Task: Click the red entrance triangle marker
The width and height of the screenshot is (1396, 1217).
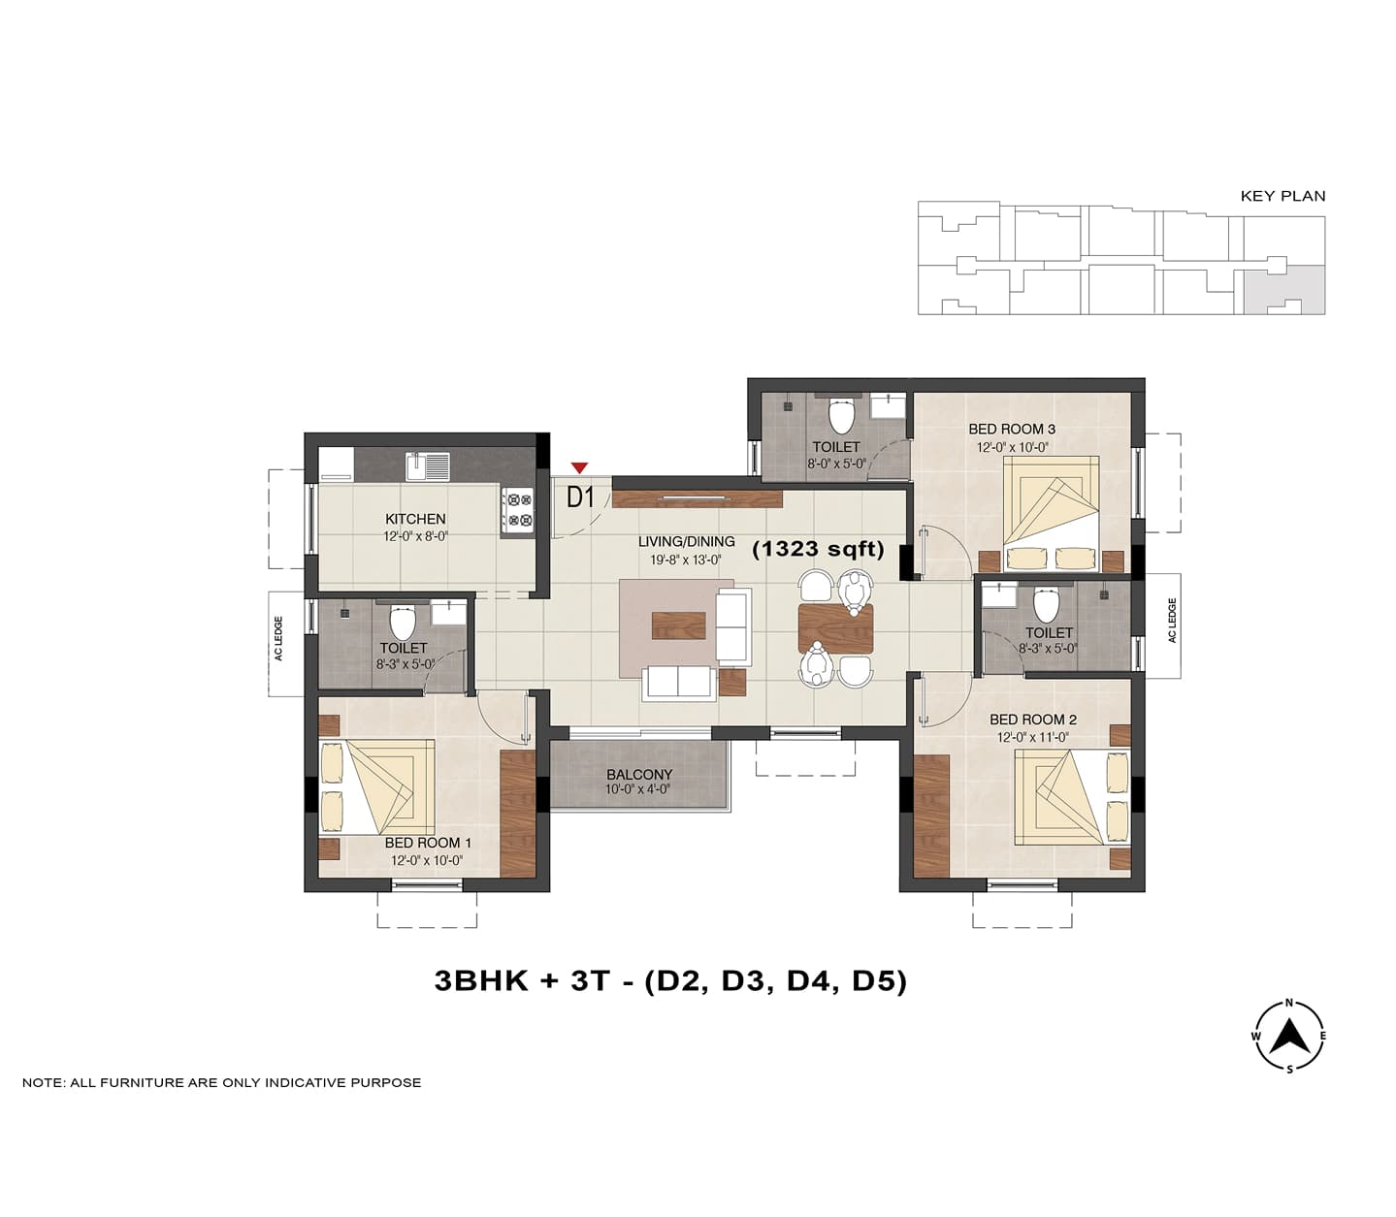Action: pos(579,467)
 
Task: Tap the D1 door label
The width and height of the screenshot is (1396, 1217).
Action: pos(581,497)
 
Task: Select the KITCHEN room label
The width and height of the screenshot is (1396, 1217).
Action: pos(415,519)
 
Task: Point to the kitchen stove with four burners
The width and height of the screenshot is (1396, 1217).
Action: pos(518,510)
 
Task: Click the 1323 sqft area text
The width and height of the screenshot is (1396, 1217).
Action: pos(818,549)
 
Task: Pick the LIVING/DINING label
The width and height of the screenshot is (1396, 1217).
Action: pos(687,541)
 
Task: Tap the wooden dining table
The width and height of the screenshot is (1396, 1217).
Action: pos(836,628)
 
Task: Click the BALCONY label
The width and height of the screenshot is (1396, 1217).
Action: pos(639,775)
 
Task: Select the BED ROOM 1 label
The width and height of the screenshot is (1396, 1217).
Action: pos(428,843)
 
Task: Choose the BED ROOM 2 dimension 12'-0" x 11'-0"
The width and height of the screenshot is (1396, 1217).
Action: pos(1033,736)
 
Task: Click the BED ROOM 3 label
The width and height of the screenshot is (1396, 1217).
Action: pos(1012,429)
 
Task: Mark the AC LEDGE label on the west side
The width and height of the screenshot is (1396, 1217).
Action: pos(278,638)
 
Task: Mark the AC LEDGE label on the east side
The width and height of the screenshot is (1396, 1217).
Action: pos(1172,621)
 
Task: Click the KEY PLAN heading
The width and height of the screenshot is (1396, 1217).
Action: pos(1282,196)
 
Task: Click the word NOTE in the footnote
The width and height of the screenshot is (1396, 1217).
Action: pos(44,1082)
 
